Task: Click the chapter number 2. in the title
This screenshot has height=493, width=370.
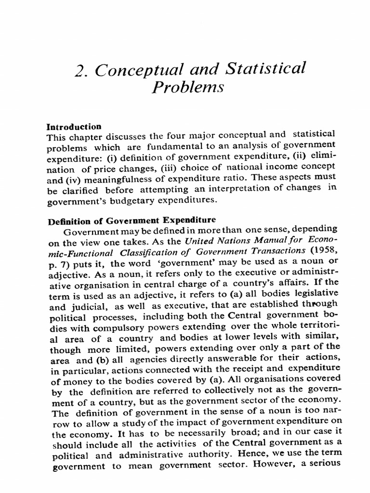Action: tap(82, 71)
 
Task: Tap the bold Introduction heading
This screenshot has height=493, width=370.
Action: tap(74, 127)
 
